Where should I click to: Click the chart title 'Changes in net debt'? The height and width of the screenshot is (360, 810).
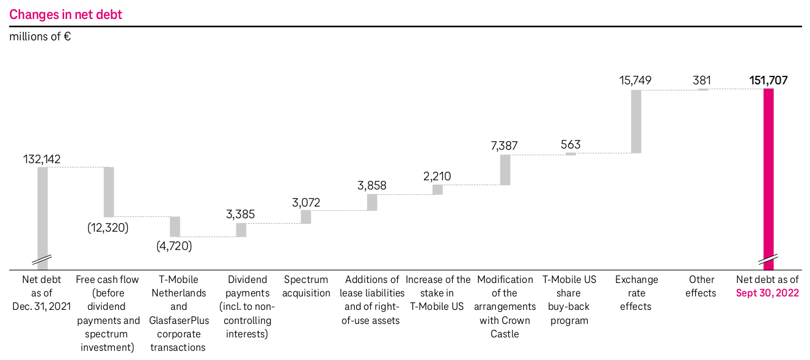coord(66,15)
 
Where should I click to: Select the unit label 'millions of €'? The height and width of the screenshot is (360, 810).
coord(40,37)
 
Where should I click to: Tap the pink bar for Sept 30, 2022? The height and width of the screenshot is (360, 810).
coord(768,177)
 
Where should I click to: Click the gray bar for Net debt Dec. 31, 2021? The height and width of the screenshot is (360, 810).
coord(42,214)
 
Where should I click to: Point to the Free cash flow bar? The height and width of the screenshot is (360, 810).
coord(109,191)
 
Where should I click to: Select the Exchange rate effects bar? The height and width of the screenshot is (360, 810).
coord(636,121)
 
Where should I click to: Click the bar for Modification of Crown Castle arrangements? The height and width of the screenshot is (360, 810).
coord(505,169)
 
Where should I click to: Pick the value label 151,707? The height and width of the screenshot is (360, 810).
coord(768,80)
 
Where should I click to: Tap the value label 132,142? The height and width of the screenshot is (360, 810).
coord(42,159)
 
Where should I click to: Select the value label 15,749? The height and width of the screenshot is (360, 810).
coord(636,80)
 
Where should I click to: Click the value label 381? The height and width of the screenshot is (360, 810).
coord(702,80)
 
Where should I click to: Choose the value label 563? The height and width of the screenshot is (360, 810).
coord(571,145)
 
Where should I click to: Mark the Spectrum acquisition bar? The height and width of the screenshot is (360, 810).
coord(306,217)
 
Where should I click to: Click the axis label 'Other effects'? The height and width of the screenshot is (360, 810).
coord(701,286)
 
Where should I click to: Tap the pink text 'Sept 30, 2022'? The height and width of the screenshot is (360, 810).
coord(768,293)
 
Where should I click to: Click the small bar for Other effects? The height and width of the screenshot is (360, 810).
coord(703,89)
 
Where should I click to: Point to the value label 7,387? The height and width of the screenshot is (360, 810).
coord(505,145)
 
